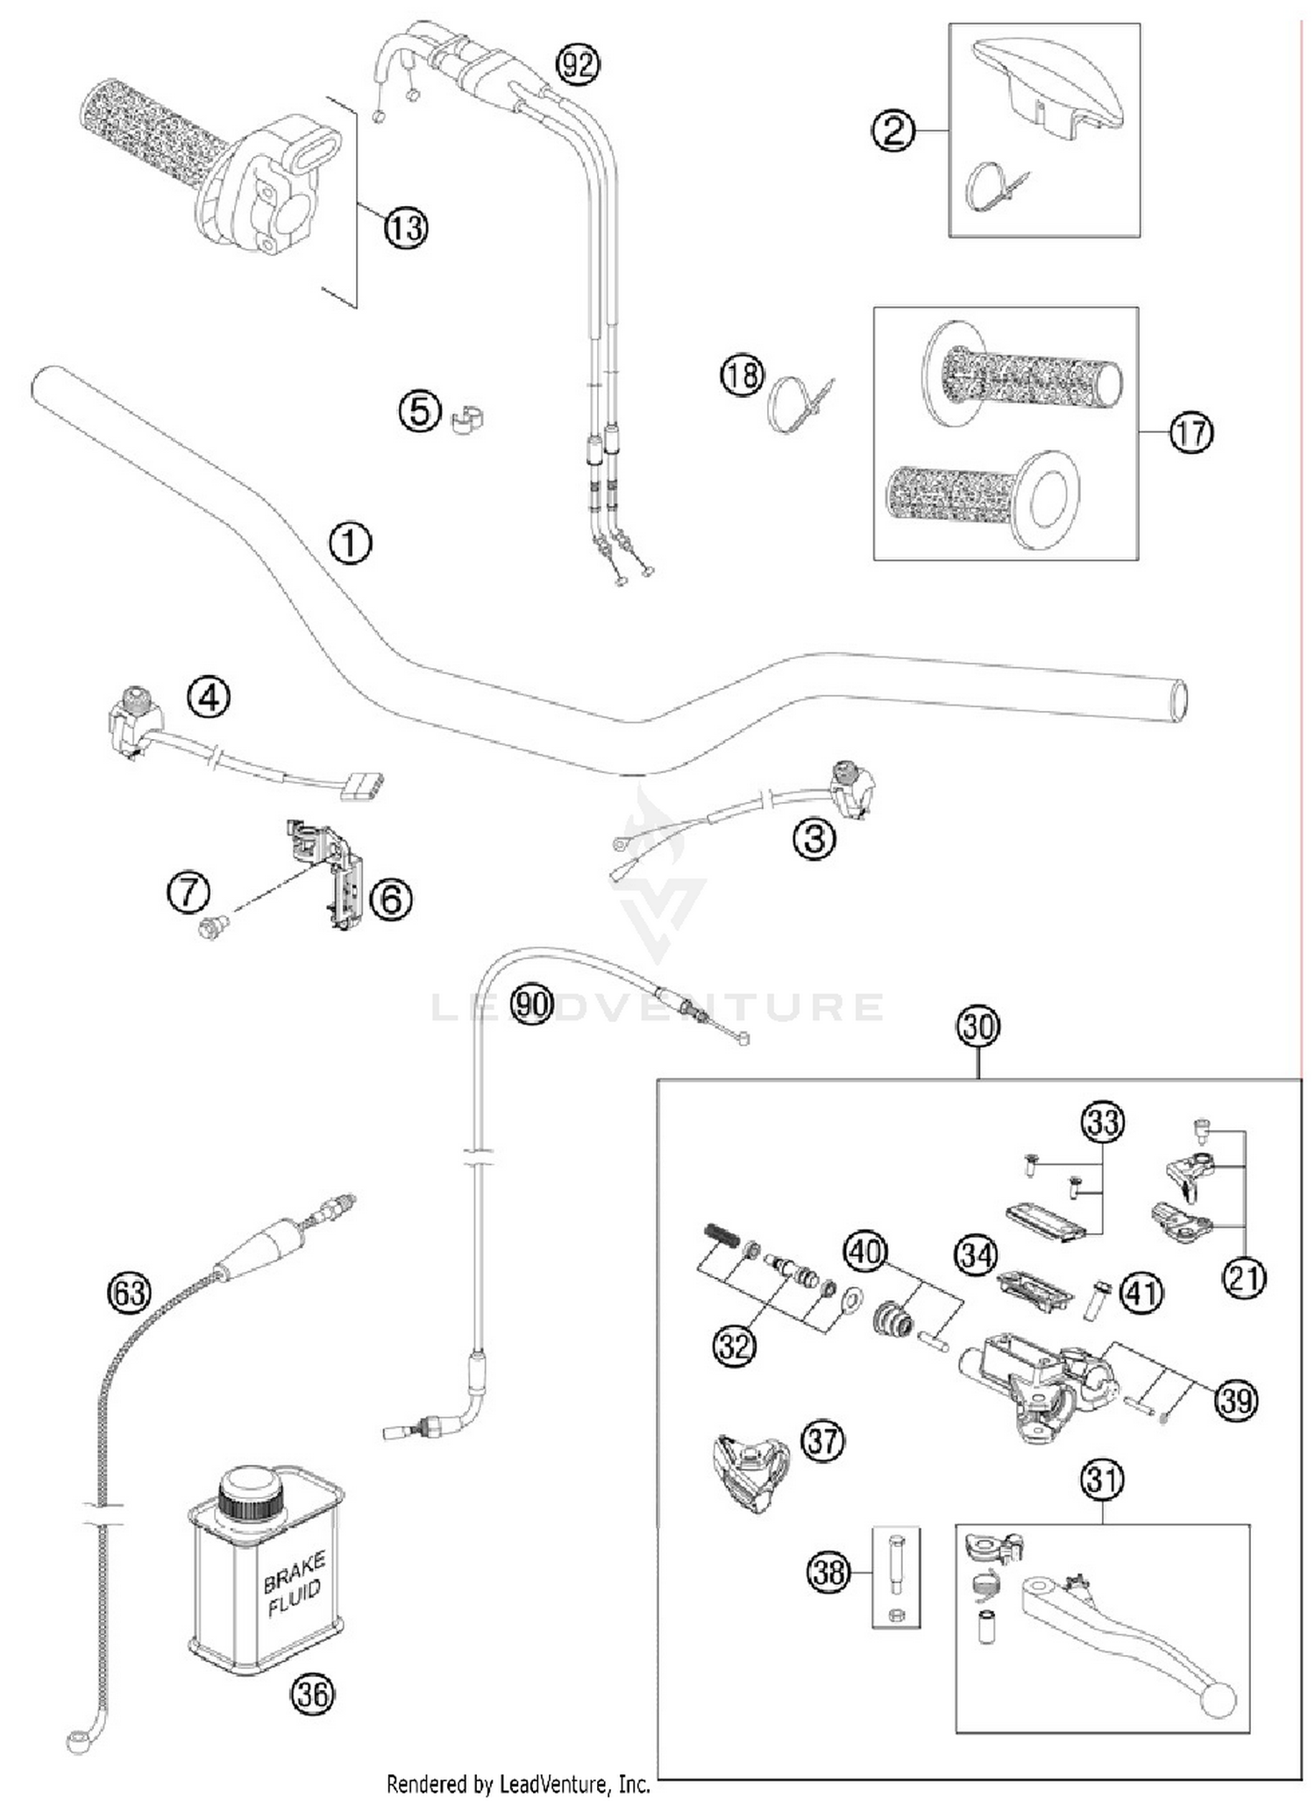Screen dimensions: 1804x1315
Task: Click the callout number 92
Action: pos(578,64)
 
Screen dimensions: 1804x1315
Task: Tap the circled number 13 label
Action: pos(405,228)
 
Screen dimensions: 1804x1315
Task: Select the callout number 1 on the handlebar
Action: pos(350,543)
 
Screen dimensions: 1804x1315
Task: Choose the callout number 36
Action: pos(313,1694)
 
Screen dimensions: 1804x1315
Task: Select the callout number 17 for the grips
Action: pos(1191,433)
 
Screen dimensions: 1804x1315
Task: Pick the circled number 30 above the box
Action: pos(977,1025)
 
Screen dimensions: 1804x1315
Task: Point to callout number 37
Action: pos(821,1439)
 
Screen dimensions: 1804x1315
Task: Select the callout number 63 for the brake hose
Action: pos(128,1292)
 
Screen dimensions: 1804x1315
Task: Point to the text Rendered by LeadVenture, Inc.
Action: pos(518,1783)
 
